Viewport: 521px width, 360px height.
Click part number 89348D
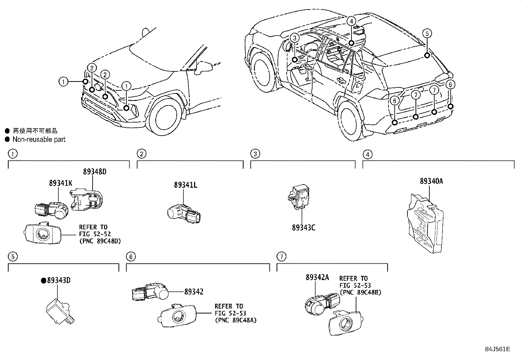click(x=95, y=172)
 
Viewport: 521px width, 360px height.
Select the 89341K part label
click(x=61, y=183)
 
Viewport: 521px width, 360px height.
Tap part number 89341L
click(x=186, y=185)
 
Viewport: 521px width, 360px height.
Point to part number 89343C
click(x=303, y=227)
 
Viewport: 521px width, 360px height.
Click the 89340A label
click(x=431, y=181)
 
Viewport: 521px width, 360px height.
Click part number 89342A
click(x=317, y=277)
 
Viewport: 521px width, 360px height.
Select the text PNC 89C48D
click(x=100, y=241)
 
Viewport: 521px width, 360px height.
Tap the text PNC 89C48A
click(x=236, y=320)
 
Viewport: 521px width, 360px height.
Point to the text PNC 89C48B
click(x=360, y=292)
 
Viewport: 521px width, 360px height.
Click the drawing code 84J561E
click(x=497, y=349)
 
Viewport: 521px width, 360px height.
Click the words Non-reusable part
click(x=39, y=140)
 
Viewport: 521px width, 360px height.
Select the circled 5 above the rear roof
click(x=427, y=33)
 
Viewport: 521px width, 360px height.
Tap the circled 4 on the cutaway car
click(x=351, y=21)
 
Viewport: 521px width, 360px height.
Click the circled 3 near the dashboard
click(x=294, y=38)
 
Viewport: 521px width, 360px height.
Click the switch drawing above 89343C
click(x=297, y=197)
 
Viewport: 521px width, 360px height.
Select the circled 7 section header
click(x=281, y=256)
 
